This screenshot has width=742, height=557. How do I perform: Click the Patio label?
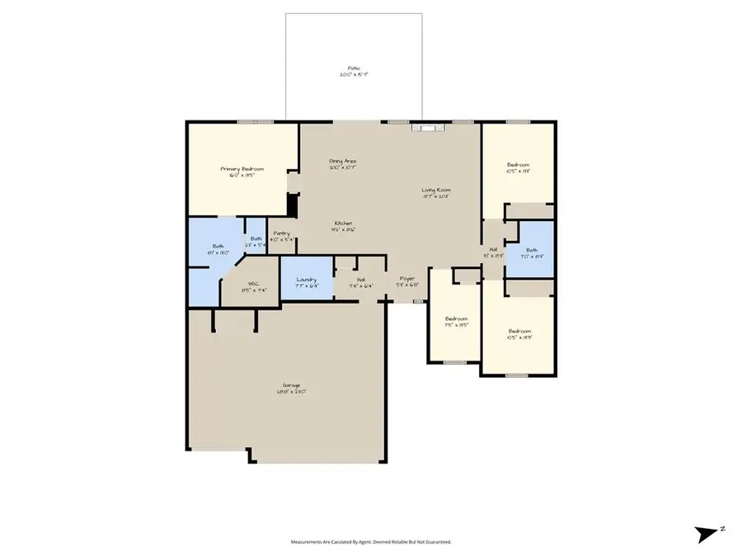[353, 68]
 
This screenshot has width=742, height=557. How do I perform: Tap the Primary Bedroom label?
[242, 168]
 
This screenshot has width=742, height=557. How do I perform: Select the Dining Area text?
[342, 161]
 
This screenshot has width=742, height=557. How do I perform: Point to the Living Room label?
[437, 190]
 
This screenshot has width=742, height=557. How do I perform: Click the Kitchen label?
[344, 224]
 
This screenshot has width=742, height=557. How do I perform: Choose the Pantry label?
[281, 234]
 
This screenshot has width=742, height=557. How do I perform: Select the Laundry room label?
[307, 280]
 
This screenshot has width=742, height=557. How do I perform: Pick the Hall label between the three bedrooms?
[493, 249]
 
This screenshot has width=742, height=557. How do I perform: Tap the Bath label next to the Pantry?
[256, 239]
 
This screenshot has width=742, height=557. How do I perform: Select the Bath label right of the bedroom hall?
[532, 250]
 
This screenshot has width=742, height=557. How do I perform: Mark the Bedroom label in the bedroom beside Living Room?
[518, 165]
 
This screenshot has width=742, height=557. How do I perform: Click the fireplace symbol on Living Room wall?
[429, 127]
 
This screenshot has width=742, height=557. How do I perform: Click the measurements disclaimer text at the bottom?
[370, 542]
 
